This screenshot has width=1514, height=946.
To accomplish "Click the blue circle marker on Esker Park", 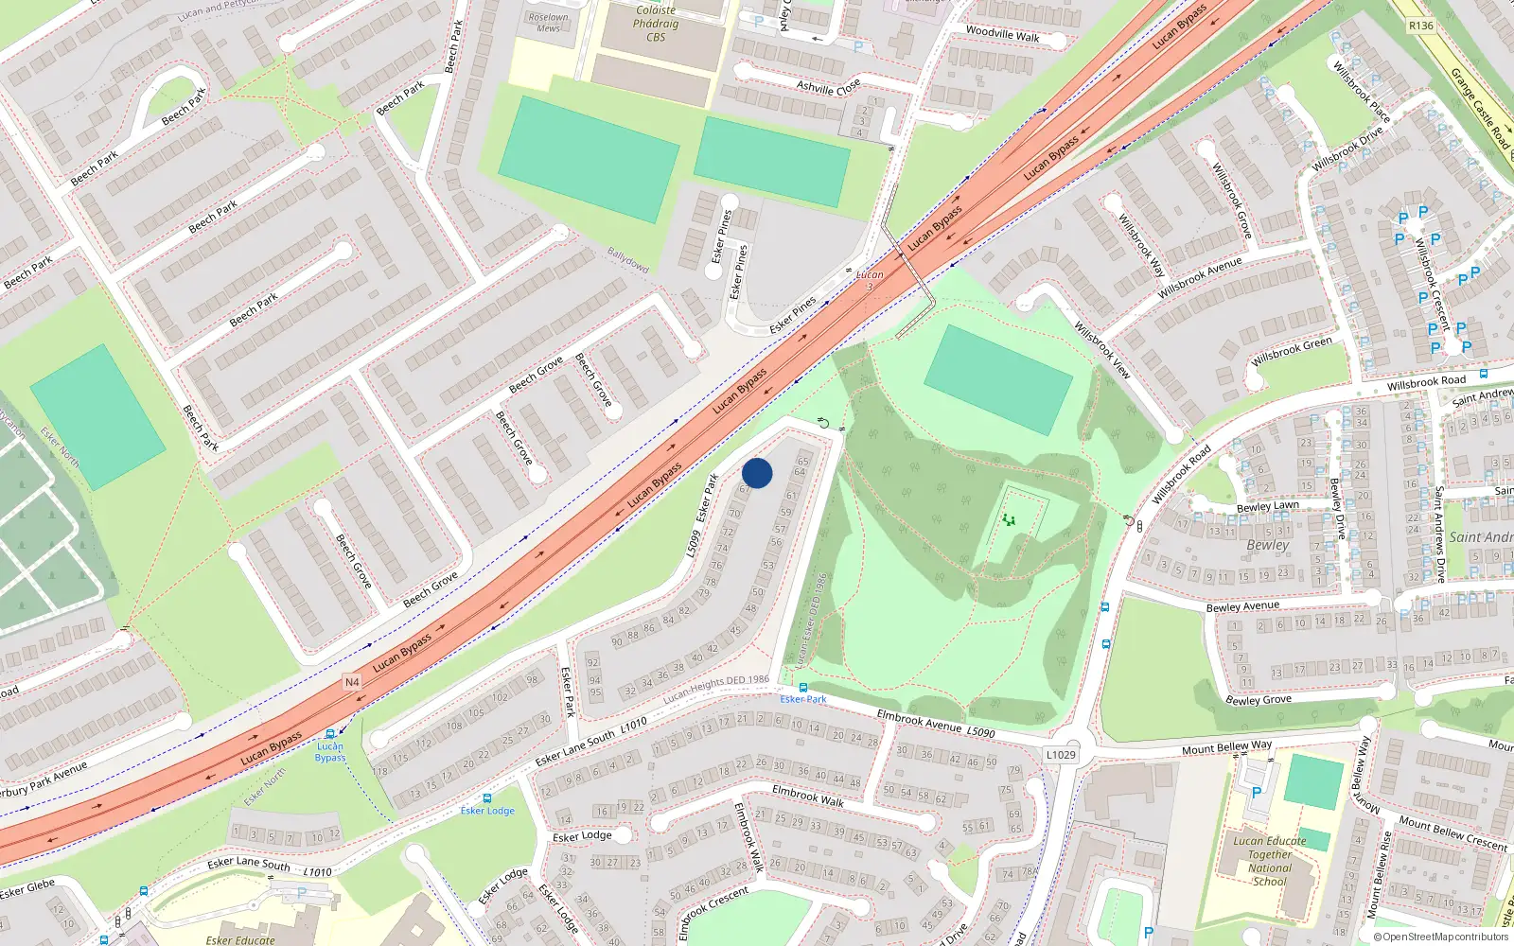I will tap(757, 473).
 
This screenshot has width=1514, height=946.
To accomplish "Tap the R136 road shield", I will tap(1420, 26).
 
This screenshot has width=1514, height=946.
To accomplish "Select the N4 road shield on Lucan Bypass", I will tap(352, 682).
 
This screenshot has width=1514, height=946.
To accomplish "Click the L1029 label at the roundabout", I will tap(1061, 754).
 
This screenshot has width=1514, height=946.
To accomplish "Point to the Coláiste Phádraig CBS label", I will tap(656, 24).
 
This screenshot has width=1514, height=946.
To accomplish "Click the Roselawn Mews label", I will tap(548, 23).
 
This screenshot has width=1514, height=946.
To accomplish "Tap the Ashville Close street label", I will tap(828, 87).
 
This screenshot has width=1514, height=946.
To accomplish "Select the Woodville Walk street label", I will tap(1002, 35).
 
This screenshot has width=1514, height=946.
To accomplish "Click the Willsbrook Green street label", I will tap(1292, 351).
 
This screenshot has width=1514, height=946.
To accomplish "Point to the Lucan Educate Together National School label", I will tap(1269, 861).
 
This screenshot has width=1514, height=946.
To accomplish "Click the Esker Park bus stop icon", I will tap(803, 688).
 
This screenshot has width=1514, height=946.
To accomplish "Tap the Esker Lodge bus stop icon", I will tap(487, 798).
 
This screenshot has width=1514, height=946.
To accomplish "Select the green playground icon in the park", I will tap(1009, 520).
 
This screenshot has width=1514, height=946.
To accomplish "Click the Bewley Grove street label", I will tap(1259, 700).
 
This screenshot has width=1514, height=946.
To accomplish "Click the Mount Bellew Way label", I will tap(1226, 747).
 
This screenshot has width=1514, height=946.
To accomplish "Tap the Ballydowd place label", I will tap(628, 259).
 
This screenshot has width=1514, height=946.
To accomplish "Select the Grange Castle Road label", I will tap(1481, 109).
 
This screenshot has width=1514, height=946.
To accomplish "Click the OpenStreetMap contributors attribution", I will tap(1441, 937).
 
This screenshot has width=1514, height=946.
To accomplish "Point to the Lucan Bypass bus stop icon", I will tap(330, 733).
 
